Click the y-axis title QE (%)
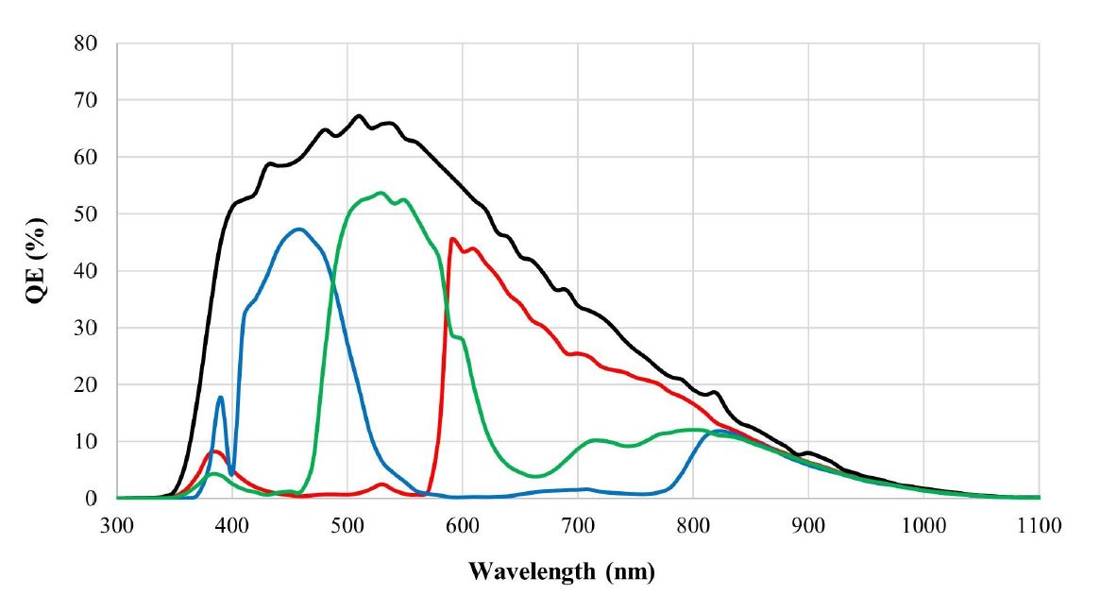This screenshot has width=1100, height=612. (x=35, y=270)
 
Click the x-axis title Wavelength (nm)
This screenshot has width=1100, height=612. (x=562, y=572)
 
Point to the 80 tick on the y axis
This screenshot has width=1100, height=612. (x=89, y=43)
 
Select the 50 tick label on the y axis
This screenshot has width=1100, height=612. (x=89, y=214)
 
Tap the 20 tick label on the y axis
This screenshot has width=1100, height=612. (x=89, y=384)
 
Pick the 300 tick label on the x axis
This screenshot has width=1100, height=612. (x=117, y=525)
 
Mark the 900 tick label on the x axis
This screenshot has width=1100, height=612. (x=808, y=525)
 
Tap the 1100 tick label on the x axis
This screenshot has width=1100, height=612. (x=1038, y=525)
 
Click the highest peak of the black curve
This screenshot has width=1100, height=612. (x=359, y=116)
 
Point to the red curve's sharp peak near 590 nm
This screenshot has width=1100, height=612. (x=452, y=238)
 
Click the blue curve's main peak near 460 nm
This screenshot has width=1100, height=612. (x=299, y=229)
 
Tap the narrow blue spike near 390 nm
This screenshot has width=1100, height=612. (x=221, y=397)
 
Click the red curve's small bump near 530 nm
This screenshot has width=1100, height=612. (x=381, y=484)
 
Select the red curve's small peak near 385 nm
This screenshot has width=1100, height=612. (x=215, y=451)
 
